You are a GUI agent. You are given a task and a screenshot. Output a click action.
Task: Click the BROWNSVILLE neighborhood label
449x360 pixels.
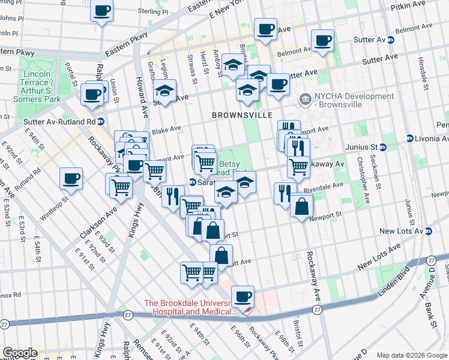pyautogui.click(x=242, y=115)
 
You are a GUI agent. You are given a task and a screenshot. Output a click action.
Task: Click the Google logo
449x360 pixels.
pyautogui.click(x=20, y=353)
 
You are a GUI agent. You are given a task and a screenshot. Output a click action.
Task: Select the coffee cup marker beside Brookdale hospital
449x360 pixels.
pyautogui.click(x=243, y=296)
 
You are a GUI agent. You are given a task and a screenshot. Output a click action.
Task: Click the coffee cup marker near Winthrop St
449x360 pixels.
pyautogui.click(x=71, y=178)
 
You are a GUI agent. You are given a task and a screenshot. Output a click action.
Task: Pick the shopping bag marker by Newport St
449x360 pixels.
pyautogui.click(x=301, y=206)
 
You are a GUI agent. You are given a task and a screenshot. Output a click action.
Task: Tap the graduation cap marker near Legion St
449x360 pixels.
pyautogui.click(x=164, y=91)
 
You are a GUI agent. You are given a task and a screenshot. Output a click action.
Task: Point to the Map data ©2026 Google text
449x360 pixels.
pyautogui.click(x=411, y=355)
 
